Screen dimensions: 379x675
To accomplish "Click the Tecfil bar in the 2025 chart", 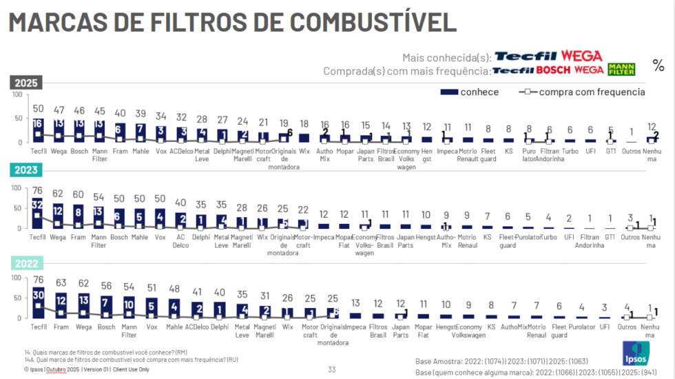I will pos(38,130).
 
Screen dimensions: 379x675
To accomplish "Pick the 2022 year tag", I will pos(27,263).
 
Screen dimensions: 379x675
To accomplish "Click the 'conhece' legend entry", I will pos(469,92).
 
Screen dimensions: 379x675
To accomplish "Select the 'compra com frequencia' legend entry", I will pos(583,92).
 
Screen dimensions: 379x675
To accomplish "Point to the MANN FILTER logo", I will pos(621,69).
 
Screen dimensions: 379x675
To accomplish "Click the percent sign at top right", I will pos(658,65).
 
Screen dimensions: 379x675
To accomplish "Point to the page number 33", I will pos(332,370).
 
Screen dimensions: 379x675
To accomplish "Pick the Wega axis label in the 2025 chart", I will pos(59,152).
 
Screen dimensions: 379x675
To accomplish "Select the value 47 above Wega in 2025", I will pos(59,110).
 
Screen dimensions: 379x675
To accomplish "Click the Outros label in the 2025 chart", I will pos(631,151).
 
